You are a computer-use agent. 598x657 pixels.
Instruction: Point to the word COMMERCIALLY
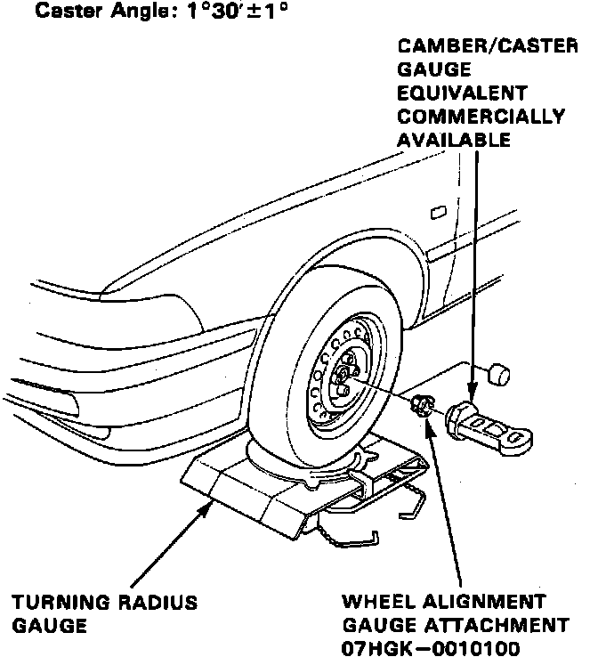481,116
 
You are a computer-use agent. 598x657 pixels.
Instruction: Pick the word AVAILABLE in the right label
454,139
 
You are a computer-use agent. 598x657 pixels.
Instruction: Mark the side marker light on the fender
437,213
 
